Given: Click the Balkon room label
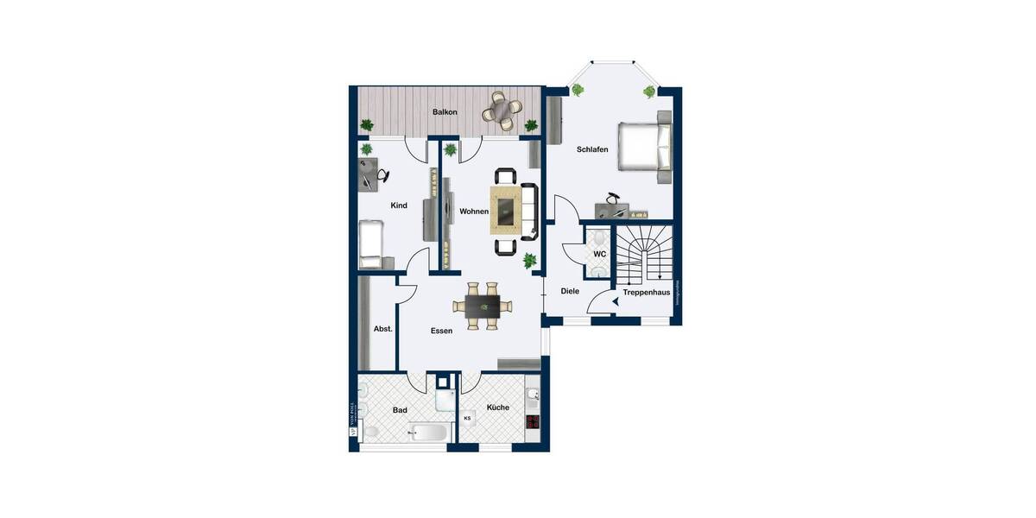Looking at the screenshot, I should pyautogui.click(x=445, y=112).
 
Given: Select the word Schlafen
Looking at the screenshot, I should pyautogui.click(x=592, y=149).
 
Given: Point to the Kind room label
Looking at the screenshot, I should pyautogui.click(x=399, y=205).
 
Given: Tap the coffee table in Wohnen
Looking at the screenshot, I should pyautogui.click(x=506, y=210).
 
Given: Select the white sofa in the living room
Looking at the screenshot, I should pyautogui.click(x=529, y=210).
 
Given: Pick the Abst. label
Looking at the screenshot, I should pyautogui.click(x=382, y=329).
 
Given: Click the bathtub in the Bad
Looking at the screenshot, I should pyautogui.click(x=428, y=432).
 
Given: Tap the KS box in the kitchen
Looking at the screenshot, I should pyautogui.click(x=468, y=419).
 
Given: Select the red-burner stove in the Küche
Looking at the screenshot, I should pyautogui.click(x=533, y=422).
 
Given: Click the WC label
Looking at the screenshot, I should pyautogui.click(x=599, y=255).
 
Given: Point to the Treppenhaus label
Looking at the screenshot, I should pyautogui.click(x=647, y=293).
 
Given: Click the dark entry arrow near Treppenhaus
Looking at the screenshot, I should pyautogui.click(x=615, y=301).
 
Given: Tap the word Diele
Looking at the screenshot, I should pyautogui.click(x=570, y=291).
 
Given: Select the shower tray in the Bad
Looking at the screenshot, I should pyautogui.click(x=444, y=400).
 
